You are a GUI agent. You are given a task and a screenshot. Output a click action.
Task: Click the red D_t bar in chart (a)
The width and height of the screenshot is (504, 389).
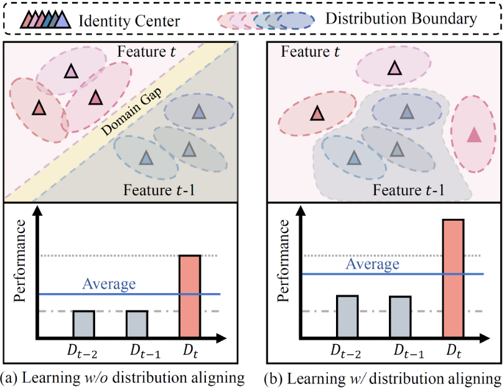(x=190, y=296)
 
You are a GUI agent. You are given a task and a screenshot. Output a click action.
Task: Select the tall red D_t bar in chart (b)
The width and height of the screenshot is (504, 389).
(x=453, y=278)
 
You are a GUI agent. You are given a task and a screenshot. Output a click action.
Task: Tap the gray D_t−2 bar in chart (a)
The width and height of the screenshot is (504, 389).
(x=83, y=324)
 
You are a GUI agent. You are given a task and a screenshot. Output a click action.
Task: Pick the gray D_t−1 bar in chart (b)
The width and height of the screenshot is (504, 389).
(x=400, y=317)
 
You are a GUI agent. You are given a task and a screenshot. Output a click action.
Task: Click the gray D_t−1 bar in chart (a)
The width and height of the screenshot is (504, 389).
(x=137, y=324)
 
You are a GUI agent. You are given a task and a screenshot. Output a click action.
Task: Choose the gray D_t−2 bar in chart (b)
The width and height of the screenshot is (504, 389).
(x=347, y=316)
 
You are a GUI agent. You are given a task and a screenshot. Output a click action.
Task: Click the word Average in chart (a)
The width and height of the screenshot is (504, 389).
(x=109, y=284)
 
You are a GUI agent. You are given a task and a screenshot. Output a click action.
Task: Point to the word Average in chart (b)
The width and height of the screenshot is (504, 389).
(x=373, y=264)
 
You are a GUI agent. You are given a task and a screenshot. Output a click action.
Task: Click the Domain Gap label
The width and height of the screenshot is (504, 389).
(x=131, y=112)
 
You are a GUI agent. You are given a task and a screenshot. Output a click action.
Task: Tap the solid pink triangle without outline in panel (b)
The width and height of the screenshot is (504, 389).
(x=474, y=135)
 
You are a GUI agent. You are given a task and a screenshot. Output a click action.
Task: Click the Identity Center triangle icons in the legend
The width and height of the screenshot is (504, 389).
(x=45, y=19)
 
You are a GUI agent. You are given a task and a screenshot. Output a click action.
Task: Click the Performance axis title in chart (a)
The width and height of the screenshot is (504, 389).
(x=20, y=261)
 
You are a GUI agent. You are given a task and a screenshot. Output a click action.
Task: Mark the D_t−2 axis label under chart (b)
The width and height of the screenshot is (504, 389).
(x=346, y=352)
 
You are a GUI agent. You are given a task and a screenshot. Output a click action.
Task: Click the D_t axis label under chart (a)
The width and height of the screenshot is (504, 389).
(x=190, y=352)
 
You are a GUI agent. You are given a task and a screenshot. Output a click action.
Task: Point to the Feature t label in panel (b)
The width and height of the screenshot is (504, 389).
(x=310, y=52)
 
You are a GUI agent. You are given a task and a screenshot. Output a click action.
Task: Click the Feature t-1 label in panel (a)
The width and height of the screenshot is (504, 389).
(x=159, y=190)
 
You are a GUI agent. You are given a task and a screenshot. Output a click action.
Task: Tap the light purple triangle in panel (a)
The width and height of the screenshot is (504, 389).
(x=71, y=71)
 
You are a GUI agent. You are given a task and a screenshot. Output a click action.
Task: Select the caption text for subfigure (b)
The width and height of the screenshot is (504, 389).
(x=383, y=378)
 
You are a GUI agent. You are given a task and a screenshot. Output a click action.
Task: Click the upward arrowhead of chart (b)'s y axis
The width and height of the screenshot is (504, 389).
(x=301, y=211)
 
